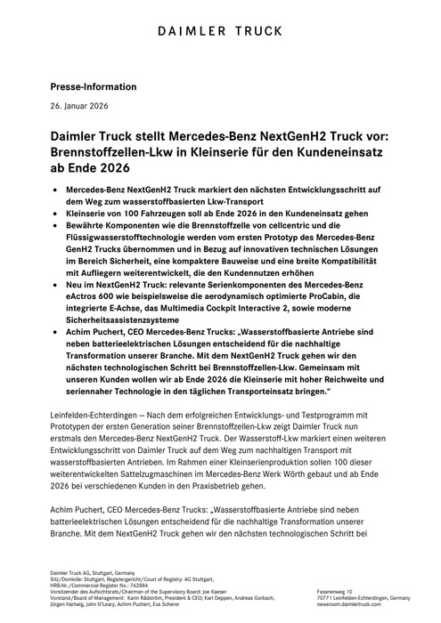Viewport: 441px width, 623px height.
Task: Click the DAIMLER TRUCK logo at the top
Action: coord(220,33)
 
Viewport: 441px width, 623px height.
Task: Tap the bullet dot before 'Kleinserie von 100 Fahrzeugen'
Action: coord(56,215)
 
